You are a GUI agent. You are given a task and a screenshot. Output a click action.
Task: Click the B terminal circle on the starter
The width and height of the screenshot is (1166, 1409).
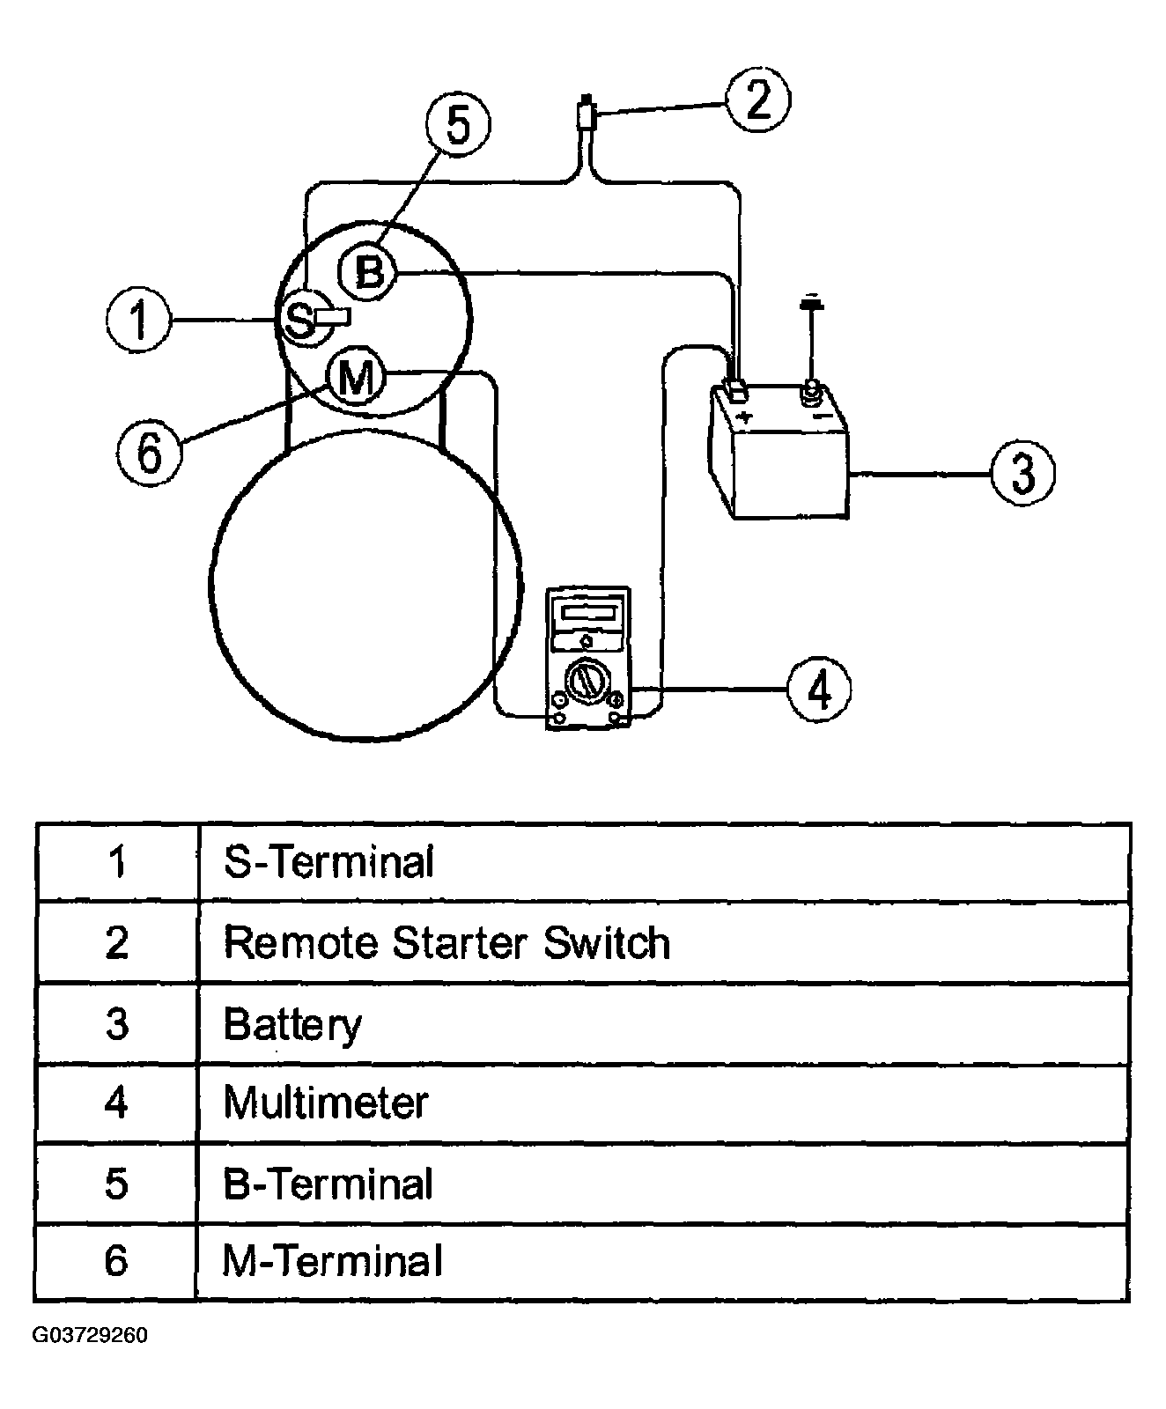pos(368,270)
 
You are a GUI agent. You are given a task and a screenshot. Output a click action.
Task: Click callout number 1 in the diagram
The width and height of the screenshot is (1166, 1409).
pos(139,319)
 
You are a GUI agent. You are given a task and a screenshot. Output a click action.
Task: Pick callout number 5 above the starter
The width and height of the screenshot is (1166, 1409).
pos(458,123)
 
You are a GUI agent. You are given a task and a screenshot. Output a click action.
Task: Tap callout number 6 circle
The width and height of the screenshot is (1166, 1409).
pos(150,453)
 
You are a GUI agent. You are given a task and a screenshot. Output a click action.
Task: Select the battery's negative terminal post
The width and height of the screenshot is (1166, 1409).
pos(809,391)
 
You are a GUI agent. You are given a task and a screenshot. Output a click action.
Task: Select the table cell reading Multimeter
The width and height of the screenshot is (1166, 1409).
pos(326,1103)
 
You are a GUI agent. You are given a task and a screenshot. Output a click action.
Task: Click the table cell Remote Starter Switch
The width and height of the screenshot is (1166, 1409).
pos(446,942)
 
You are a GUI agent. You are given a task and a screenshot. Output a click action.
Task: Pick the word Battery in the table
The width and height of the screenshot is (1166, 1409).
pos(292,1024)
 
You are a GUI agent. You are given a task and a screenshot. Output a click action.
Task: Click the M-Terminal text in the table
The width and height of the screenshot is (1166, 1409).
pos(332,1261)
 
